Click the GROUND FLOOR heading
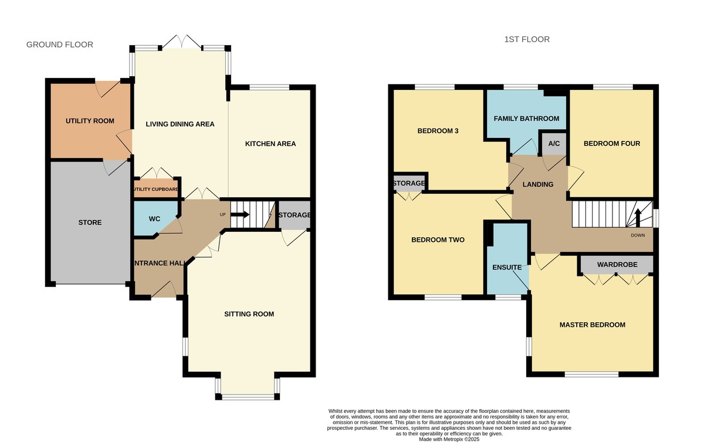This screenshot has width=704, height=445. (60, 45)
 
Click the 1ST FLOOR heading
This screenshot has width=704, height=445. (527, 40)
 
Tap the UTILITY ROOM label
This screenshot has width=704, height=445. (90, 121)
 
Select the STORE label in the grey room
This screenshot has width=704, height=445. (90, 222)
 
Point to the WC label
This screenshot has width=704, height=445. (154, 219)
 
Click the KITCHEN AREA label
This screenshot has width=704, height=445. (270, 144)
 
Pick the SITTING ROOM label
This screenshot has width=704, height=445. (249, 314)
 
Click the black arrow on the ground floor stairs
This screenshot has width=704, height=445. (241, 215)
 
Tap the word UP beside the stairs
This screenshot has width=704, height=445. (222, 215)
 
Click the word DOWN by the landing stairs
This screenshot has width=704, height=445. (638, 235)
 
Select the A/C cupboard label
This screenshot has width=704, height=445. (553, 144)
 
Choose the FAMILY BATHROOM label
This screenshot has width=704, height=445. (526, 119)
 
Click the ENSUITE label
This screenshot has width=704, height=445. (507, 268)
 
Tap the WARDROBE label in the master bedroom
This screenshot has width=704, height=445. (617, 265)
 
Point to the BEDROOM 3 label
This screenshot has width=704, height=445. (438, 131)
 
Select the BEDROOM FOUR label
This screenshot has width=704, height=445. (611, 144)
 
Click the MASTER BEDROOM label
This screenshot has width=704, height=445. (592, 325)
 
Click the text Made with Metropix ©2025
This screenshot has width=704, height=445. (449, 439)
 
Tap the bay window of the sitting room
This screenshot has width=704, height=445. (248, 397)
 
